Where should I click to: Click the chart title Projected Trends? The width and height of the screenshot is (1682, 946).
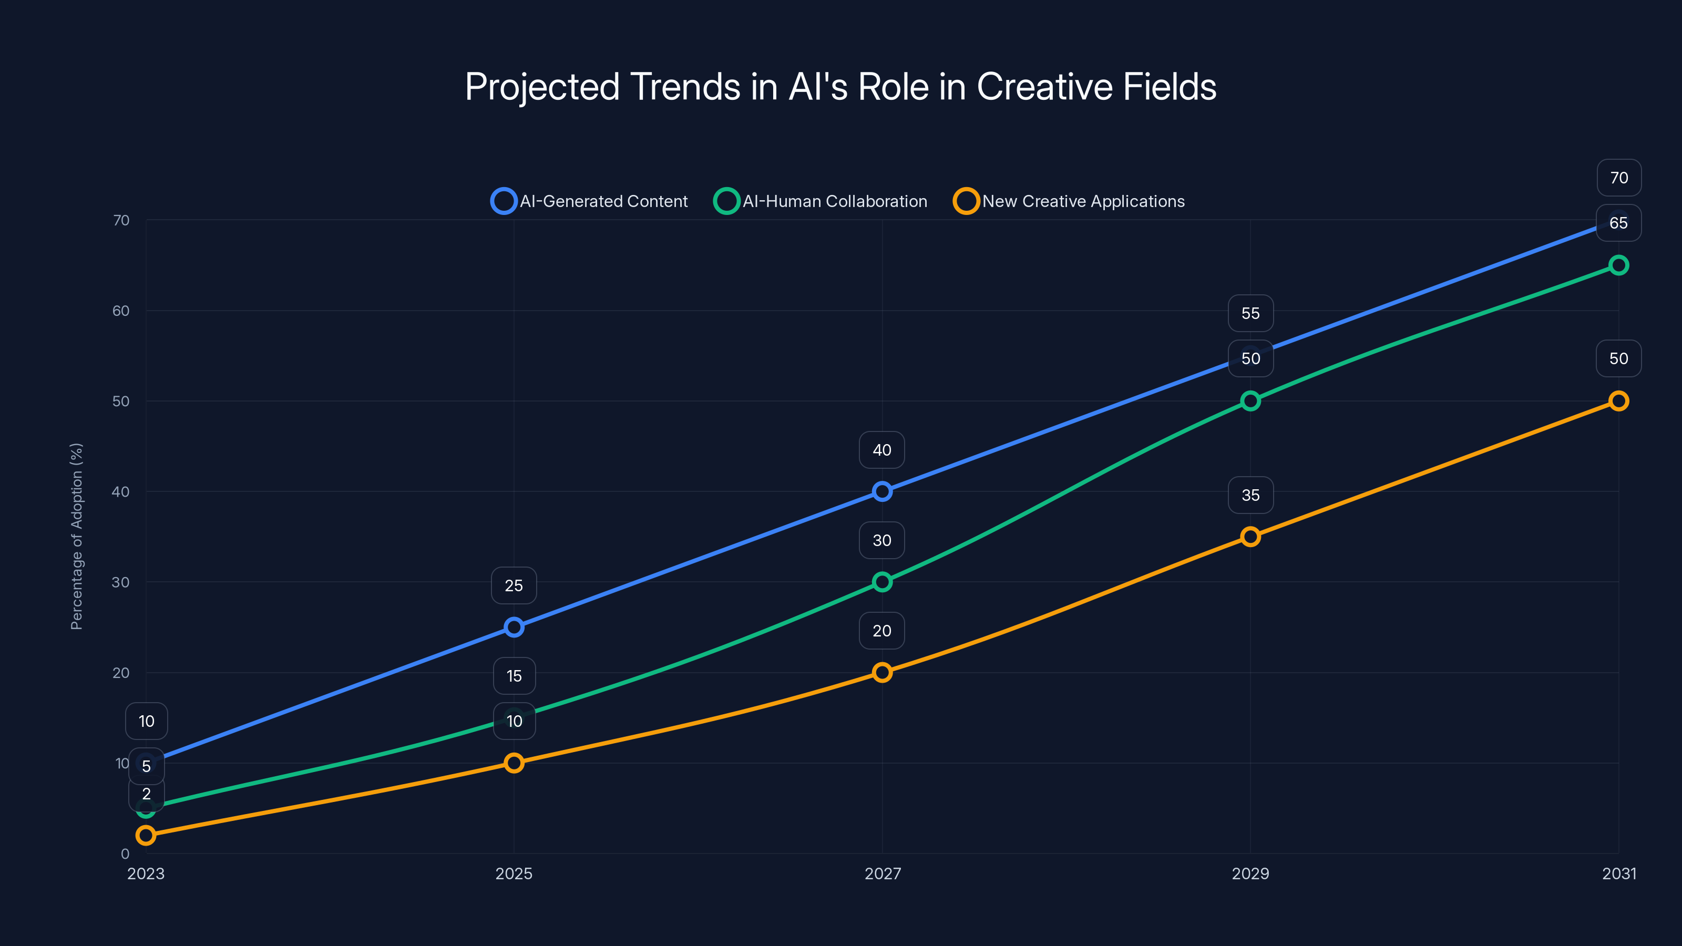tap(840, 87)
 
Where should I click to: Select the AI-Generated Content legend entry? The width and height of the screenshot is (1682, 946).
tap(590, 201)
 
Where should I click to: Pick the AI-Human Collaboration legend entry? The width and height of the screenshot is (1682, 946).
tap(821, 201)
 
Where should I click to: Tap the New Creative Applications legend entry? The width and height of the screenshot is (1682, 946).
tap(1069, 201)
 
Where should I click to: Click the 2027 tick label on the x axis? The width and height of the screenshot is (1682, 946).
tap(882, 873)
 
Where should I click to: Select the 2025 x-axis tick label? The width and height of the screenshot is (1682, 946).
tap(514, 873)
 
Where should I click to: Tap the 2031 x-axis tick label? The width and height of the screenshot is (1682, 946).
tap(1619, 873)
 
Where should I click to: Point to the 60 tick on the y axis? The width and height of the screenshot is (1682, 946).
tap(121, 311)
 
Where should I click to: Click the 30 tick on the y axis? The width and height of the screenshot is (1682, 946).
tap(121, 582)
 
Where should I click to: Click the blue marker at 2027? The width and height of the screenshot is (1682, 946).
tap(882, 491)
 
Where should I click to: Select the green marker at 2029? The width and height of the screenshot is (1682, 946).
tap(1250, 401)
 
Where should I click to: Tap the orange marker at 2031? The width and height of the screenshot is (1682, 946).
tap(1619, 401)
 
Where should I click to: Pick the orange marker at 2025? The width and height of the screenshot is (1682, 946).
tap(514, 763)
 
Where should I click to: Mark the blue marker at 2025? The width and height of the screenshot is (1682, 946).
tap(514, 627)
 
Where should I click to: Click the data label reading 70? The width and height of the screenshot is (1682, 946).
tap(1619, 178)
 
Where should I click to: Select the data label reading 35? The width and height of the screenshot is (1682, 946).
tap(1250, 495)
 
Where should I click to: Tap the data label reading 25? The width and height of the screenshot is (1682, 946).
tap(514, 585)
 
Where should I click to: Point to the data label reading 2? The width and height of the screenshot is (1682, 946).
tap(146, 794)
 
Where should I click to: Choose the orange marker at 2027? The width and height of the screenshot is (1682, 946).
tap(882, 673)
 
